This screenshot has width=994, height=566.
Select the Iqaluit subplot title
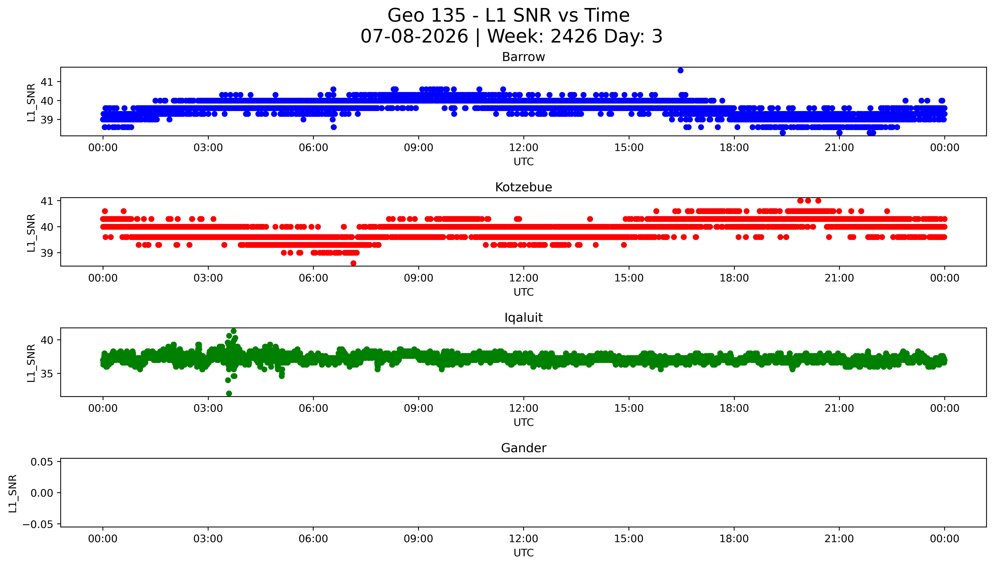(523, 318)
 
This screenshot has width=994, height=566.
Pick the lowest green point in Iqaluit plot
(229, 393)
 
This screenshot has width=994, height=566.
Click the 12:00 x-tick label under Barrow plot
(524, 148)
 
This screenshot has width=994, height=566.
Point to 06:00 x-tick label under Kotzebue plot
(313, 278)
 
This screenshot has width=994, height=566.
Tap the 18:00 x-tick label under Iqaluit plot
(734, 408)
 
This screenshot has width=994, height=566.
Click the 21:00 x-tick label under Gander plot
(839, 539)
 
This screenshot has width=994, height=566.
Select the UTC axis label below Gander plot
(524, 553)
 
